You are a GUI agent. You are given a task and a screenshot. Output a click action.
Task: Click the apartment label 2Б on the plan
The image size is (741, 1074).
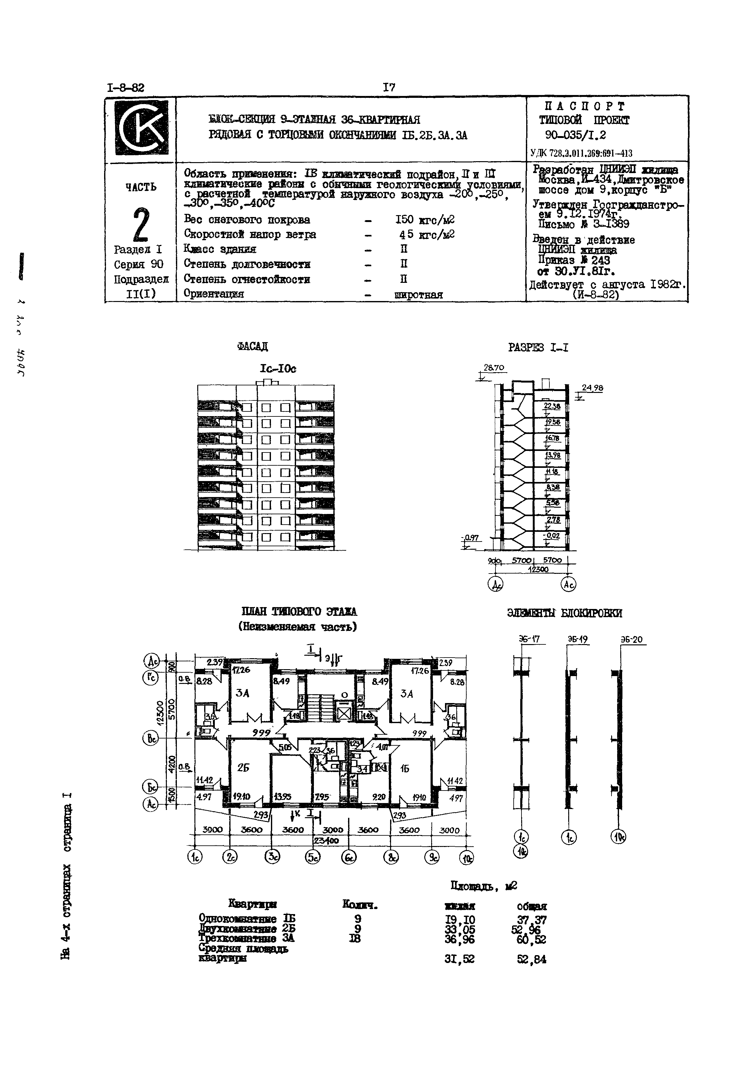[x=243, y=768]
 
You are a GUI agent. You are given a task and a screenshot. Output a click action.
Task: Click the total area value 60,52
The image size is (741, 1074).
[x=531, y=940]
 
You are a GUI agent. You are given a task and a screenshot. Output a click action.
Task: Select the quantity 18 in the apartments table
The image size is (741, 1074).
[x=355, y=939]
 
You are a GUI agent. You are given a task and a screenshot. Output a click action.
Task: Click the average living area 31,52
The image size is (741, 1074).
[x=459, y=959]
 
